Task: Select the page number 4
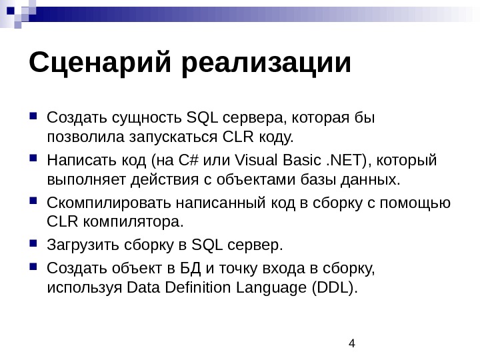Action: pyautogui.click(x=353, y=343)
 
